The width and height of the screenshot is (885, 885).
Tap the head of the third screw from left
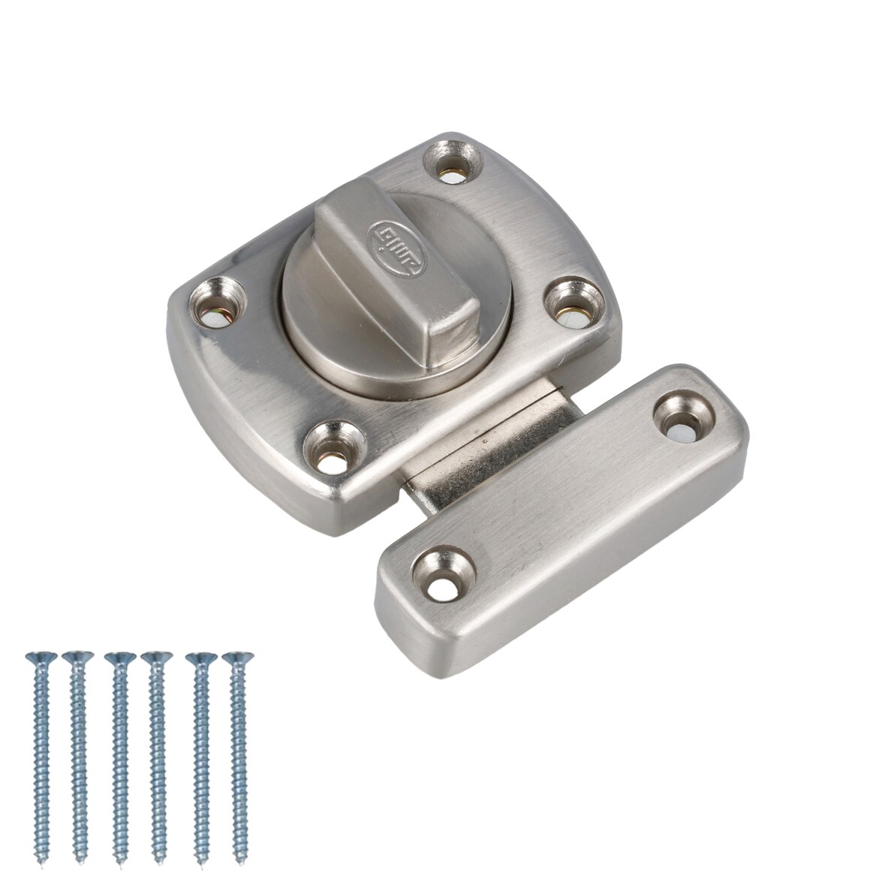tap(116, 658)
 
